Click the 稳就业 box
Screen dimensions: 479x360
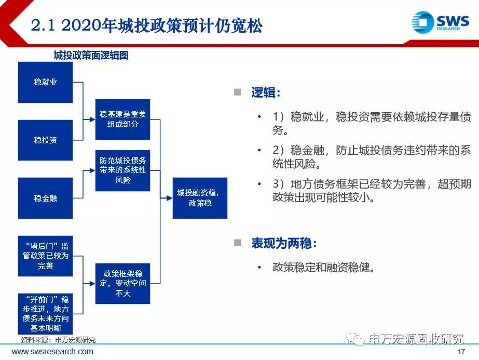(x=46, y=82)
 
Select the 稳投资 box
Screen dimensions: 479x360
(x=46, y=140)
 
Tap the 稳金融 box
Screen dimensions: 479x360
(x=46, y=198)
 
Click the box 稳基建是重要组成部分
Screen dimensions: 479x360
(x=123, y=119)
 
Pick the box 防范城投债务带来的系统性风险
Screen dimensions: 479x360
(x=123, y=170)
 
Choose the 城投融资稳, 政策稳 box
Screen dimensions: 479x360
(x=200, y=198)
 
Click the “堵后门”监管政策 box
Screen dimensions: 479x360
(x=46, y=256)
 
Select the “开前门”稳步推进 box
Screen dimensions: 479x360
(x=46, y=314)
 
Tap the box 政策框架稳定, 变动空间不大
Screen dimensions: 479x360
(x=123, y=284)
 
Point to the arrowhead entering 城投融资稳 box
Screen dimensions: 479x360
(x=169, y=198)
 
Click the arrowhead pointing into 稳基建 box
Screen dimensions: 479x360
(x=92, y=119)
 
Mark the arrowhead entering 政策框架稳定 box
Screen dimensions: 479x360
(x=92, y=284)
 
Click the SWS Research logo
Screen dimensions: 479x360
(x=440, y=22)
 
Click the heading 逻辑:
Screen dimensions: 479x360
(x=266, y=92)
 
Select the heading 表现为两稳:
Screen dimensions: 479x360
(x=284, y=244)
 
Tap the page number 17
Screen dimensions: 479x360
(x=461, y=352)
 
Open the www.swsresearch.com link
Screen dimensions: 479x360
(x=52, y=352)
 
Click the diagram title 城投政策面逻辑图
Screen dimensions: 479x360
(x=91, y=56)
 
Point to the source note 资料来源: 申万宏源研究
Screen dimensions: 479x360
(x=58, y=340)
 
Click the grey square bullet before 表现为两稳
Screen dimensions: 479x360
(x=238, y=243)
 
